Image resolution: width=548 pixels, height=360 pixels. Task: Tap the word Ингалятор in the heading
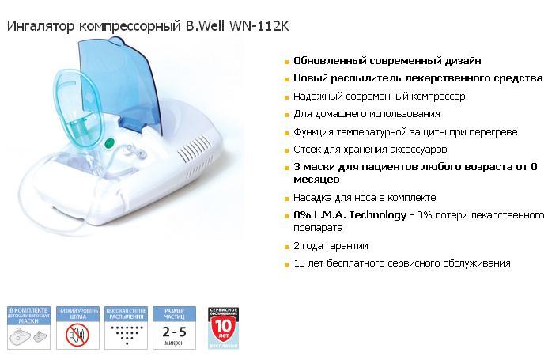pyautogui.click(x=40, y=26)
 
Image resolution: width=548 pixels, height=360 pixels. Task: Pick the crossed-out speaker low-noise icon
pyautogui.click(x=76, y=335)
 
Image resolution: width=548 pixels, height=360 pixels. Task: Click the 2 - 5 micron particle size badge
pyautogui.click(x=173, y=329)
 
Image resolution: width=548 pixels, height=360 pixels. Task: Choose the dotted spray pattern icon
pyautogui.click(x=125, y=334)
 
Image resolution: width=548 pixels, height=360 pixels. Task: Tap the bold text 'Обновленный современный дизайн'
pyautogui.click(x=387, y=60)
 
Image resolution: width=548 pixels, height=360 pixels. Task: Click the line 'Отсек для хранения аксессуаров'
pyautogui.click(x=369, y=149)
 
